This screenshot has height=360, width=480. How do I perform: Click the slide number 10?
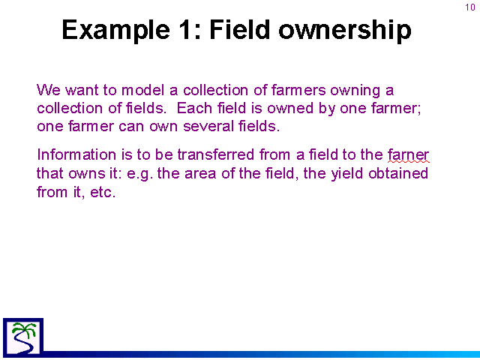[470, 7]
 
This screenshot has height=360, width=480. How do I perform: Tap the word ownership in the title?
[345, 31]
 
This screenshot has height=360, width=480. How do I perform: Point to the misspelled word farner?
[408, 154]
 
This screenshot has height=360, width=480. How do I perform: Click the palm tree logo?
[23, 337]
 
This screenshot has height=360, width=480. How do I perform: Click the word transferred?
[216, 154]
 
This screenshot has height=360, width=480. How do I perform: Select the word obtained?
[398, 173]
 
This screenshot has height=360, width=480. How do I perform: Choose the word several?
[208, 126]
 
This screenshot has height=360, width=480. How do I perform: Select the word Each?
[194, 108]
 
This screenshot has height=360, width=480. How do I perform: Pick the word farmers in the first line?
[298, 90]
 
